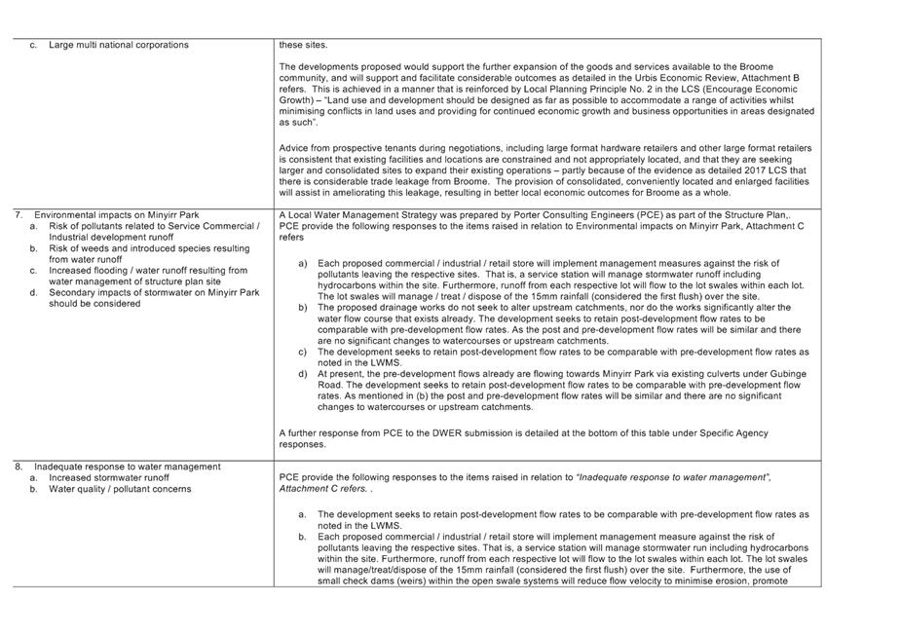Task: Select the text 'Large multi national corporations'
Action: (118, 45)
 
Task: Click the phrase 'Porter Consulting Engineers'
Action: (515, 214)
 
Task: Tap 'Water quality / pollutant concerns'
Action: (120, 489)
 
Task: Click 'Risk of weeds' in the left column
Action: (78, 248)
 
